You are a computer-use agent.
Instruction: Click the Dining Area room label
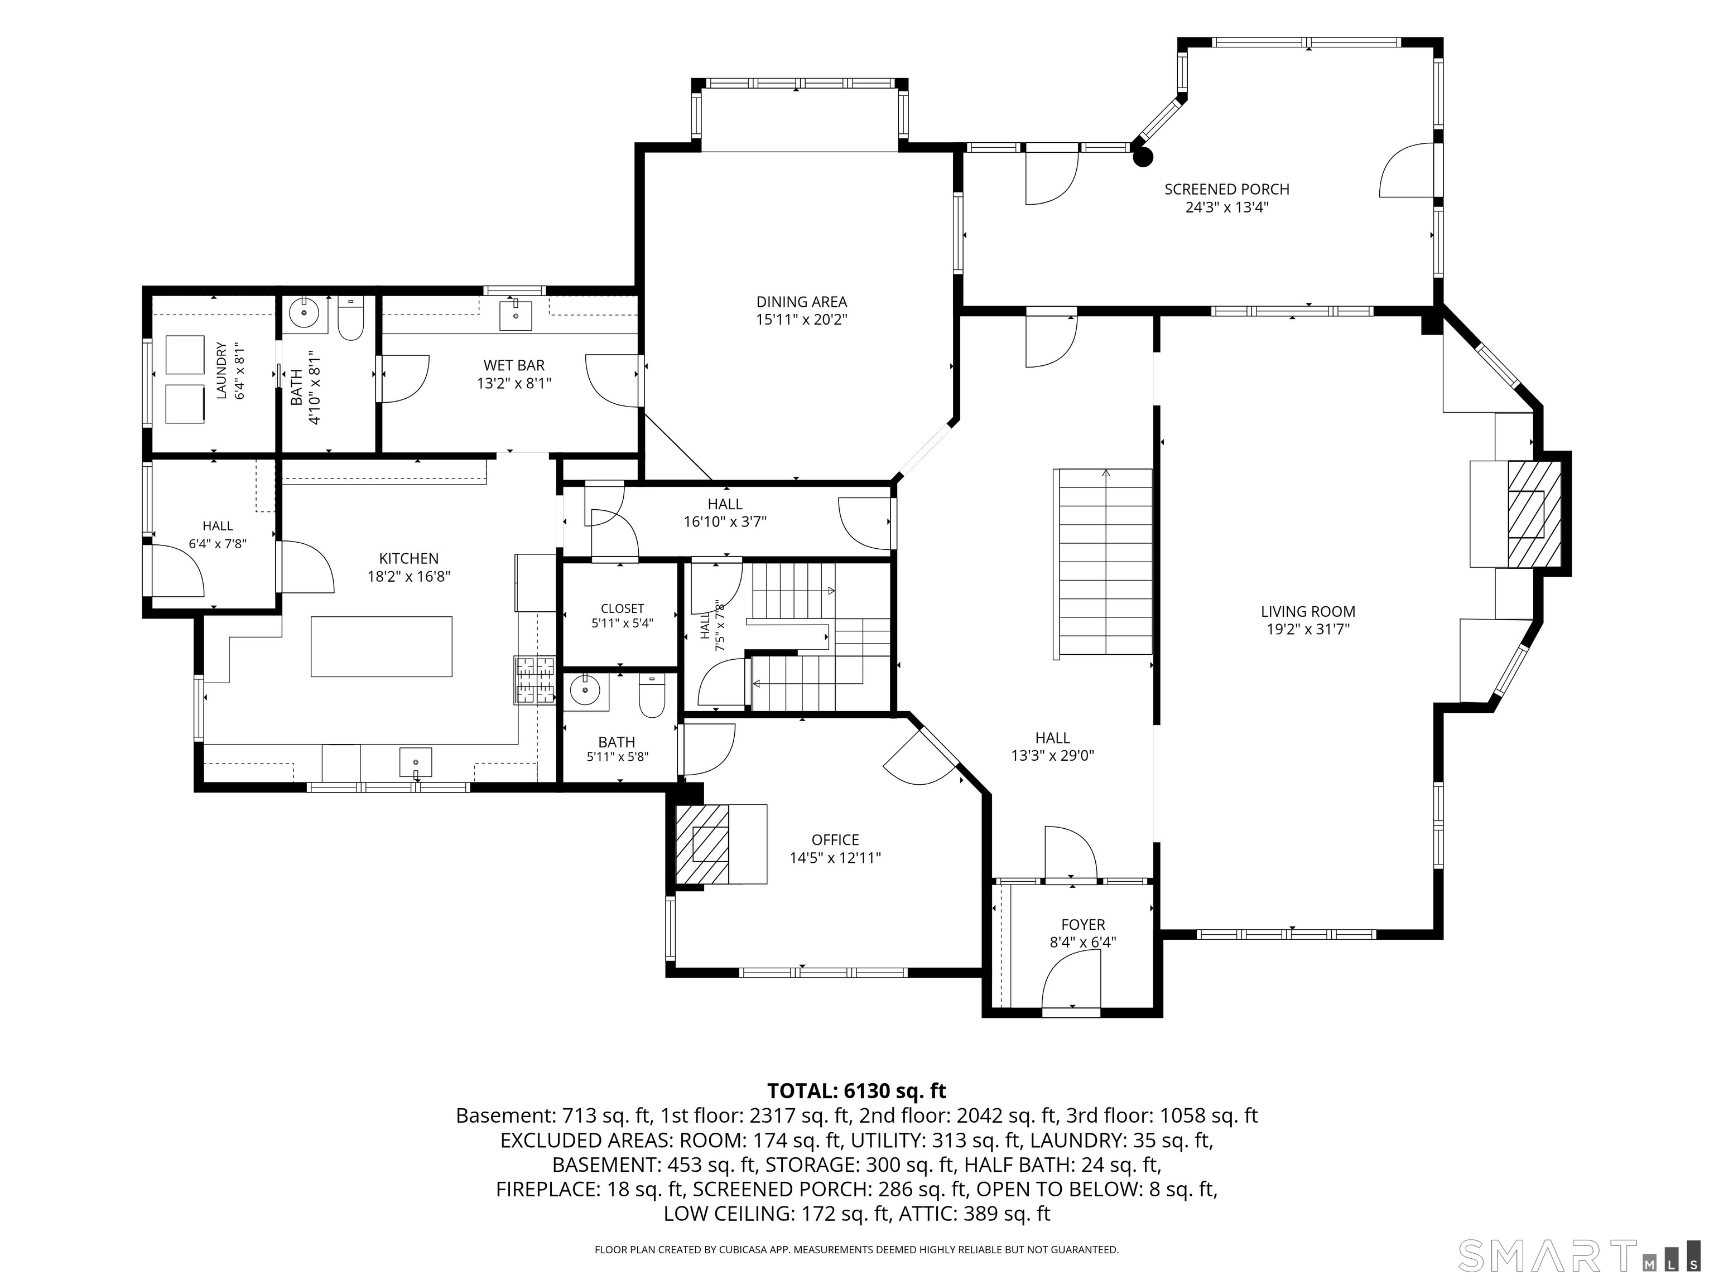click(x=802, y=302)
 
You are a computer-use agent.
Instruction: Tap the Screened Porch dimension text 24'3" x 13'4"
click(x=1226, y=207)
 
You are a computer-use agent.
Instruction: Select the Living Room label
click(x=1308, y=611)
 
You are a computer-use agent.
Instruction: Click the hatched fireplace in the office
click(x=702, y=844)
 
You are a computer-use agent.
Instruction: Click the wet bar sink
click(x=516, y=313)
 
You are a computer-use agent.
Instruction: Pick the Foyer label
click(x=1084, y=924)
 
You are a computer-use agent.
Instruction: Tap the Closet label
click(x=622, y=609)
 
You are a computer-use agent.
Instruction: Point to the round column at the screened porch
click(x=1142, y=157)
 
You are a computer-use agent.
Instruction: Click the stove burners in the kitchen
click(x=535, y=680)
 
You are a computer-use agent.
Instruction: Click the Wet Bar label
click(x=514, y=365)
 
